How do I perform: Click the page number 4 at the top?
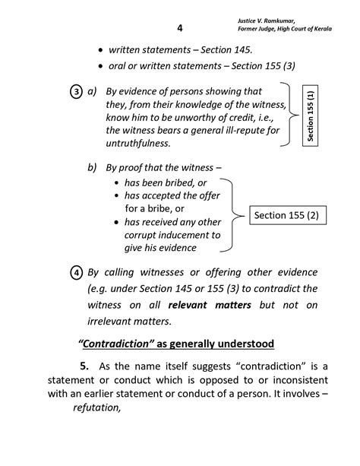click(x=179, y=28)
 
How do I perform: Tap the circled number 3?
click(x=77, y=92)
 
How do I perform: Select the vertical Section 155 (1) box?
click(x=311, y=117)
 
